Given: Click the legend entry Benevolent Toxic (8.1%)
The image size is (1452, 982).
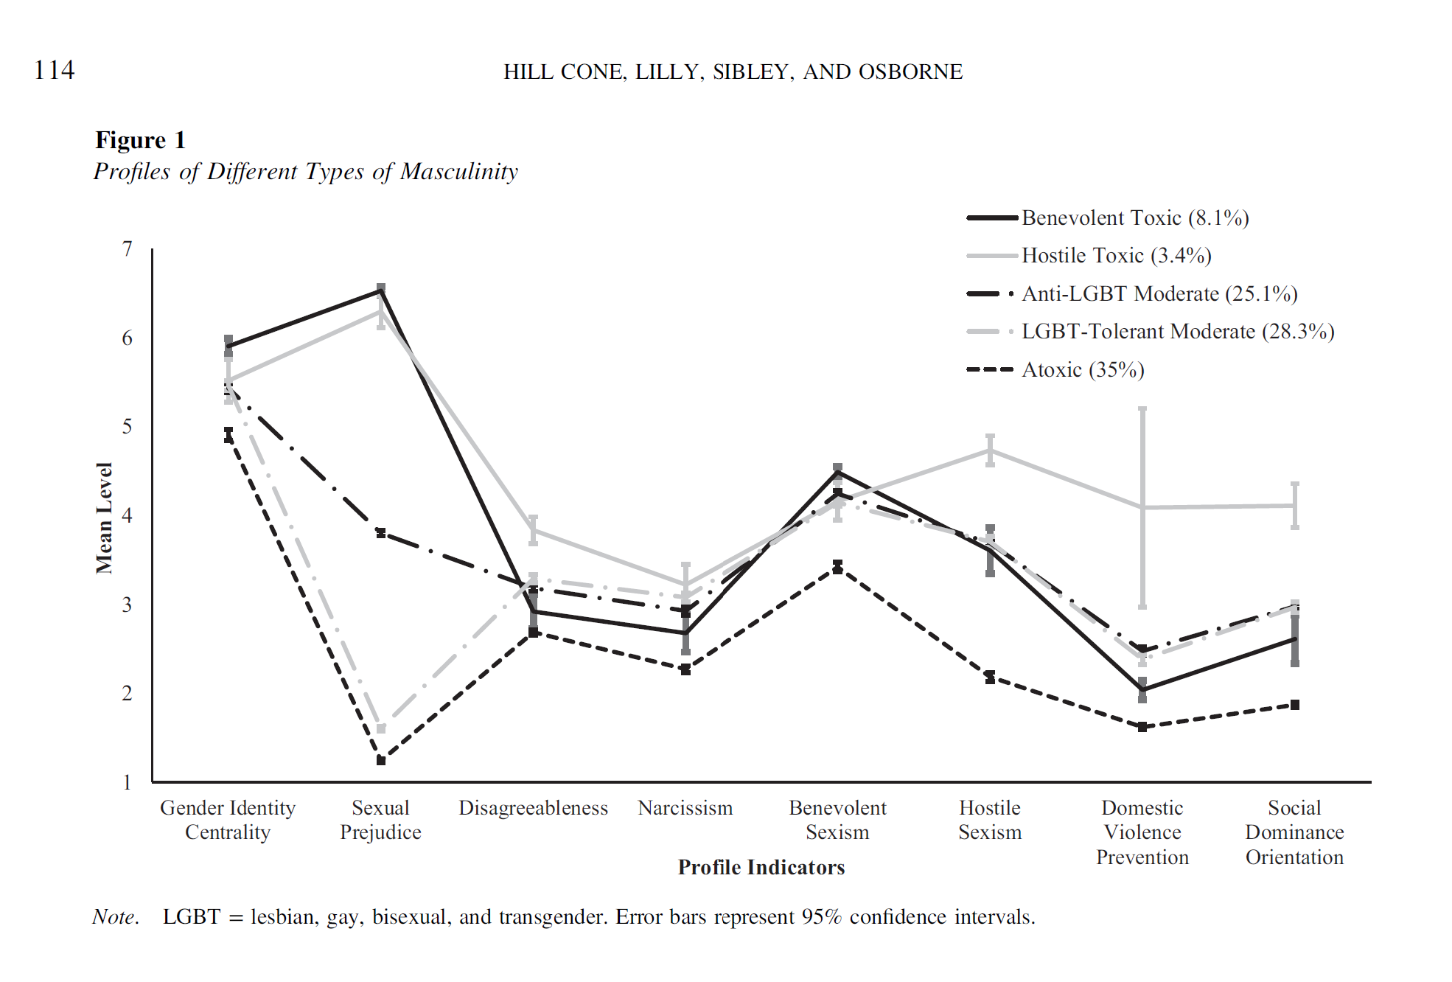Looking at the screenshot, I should tap(1134, 218).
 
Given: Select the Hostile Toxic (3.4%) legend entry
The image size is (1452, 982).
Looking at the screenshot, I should tap(1116, 256).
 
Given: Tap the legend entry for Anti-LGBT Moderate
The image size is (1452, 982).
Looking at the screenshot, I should tap(1159, 294).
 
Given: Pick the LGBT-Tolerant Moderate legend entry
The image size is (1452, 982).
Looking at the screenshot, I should tap(1177, 332).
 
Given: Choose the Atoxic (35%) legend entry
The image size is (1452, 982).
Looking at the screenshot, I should tap(1082, 370).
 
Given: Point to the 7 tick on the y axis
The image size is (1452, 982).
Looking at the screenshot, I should tap(128, 249).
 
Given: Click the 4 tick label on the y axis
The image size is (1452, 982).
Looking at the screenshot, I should tap(128, 515).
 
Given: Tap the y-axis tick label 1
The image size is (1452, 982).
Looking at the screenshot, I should tap(128, 782).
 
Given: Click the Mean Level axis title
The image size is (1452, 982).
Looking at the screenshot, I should tap(104, 518).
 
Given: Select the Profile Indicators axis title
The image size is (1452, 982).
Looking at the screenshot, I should tap(761, 867).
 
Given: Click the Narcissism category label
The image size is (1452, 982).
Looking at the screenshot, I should tap(685, 808).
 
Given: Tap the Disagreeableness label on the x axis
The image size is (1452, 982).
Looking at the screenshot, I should tap(533, 808).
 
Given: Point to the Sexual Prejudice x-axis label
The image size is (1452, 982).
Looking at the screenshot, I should tap(380, 820).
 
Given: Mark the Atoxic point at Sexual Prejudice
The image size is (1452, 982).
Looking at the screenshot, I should tap(381, 760).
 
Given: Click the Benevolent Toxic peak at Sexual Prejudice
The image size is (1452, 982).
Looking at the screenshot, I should tap(381, 290).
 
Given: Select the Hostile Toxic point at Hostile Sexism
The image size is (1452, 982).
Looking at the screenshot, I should tap(990, 450).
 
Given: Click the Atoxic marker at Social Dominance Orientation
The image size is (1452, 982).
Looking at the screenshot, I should tap(1295, 705).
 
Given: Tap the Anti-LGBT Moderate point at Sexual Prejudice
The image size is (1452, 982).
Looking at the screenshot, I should tap(381, 533).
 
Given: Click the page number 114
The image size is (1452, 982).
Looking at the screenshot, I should tap(54, 70).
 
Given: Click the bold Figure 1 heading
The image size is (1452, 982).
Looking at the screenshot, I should tap(140, 140).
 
